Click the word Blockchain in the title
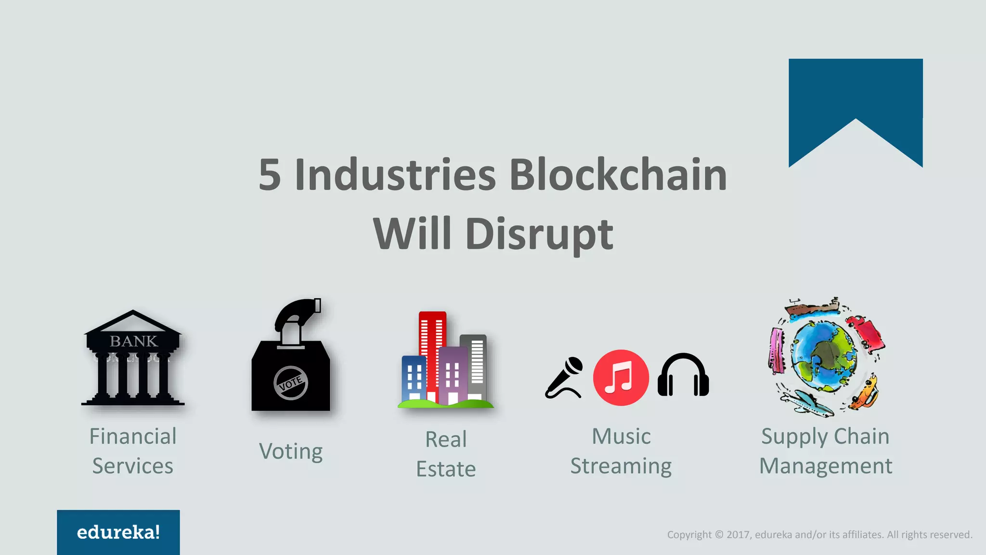click(x=618, y=174)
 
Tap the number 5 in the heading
click(x=270, y=174)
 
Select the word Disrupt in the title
click(x=539, y=234)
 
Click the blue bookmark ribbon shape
click(x=855, y=96)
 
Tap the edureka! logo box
click(x=118, y=532)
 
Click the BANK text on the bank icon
click(x=133, y=341)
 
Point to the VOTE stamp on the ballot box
click(x=291, y=383)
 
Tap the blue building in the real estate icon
click(x=414, y=378)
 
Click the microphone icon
click(x=564, y=377)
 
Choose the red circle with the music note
click(x=621, y=378)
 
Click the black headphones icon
click(x=683, y=376)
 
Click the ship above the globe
click(x=813, y=307)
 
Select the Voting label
click(x=291, y=451)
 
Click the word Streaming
click(x=621, y=466)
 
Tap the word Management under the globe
click(x=825, y=466)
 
